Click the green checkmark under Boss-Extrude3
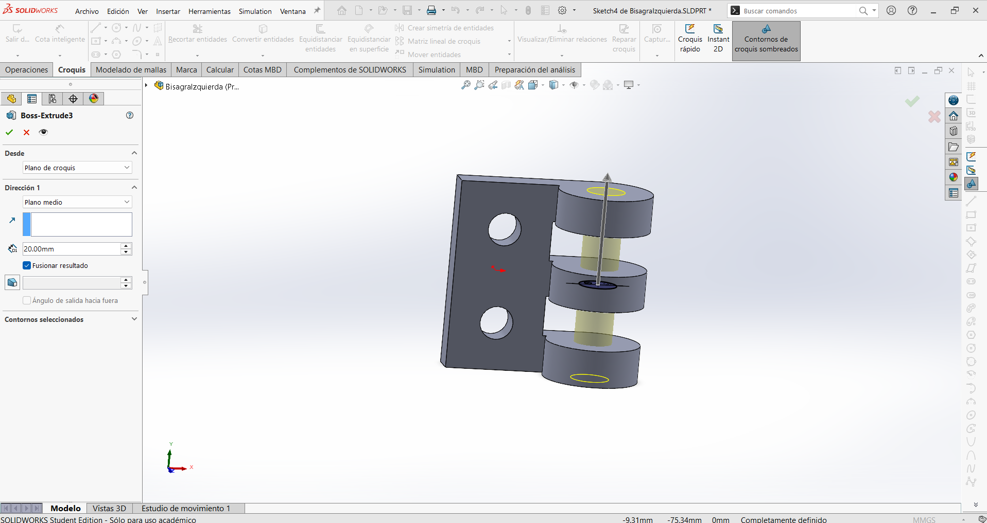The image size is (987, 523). [9, 132]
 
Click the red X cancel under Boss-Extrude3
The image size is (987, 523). [27, 132]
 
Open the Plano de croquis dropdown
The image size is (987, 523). [77, 168]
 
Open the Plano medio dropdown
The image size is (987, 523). [77, 202]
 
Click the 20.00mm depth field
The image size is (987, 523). [71, 249]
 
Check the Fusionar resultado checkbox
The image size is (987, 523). [27, 265]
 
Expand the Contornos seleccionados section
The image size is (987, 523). [134, 319]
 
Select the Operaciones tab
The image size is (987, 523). [27, 70]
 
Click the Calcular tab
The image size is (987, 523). [220, 70]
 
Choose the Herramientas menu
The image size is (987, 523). [210, 11]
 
